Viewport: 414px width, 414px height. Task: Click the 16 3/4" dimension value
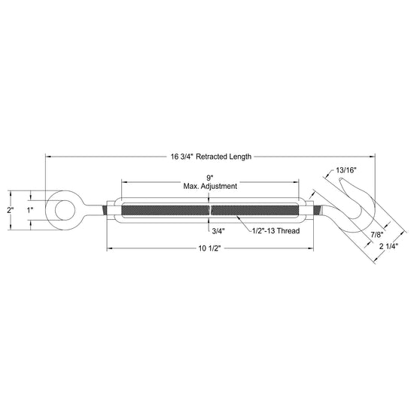tap(182, 157)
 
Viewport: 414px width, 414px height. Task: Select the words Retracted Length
tap(224, 157)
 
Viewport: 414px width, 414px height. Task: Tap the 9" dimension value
tap(210, 177)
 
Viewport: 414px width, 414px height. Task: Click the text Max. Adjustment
tap(210, 186)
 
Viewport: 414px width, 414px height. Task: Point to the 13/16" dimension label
tap(346, 170)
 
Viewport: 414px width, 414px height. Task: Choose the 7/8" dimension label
tap(377, 235)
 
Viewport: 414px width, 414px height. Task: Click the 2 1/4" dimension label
tap(388, 246)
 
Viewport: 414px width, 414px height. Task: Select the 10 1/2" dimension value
tap(210, 248)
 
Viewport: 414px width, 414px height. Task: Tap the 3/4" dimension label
tap(218, 231)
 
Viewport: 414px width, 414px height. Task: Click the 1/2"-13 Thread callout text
tap(275, 231)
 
